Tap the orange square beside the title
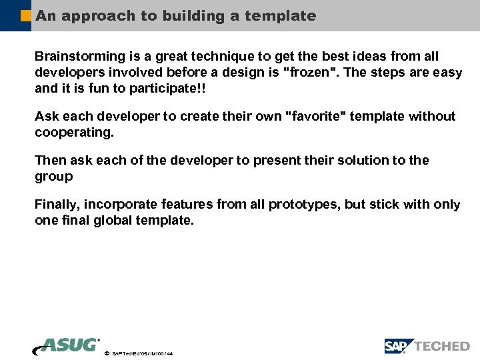[26, 15]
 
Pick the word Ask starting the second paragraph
[46, 117]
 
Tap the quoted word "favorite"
[313, 117]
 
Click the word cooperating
[74, 132]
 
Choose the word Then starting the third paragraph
[50, 161]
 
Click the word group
[53, 177]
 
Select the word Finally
[58, 205]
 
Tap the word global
[107, 220]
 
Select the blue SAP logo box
[398, 346]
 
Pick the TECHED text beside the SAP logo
[442, 346]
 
